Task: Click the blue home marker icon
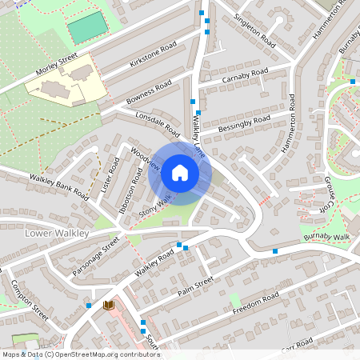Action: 180,172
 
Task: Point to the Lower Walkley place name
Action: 54,233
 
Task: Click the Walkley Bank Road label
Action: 58,184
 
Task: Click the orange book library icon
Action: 109,305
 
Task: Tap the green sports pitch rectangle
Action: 86,27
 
